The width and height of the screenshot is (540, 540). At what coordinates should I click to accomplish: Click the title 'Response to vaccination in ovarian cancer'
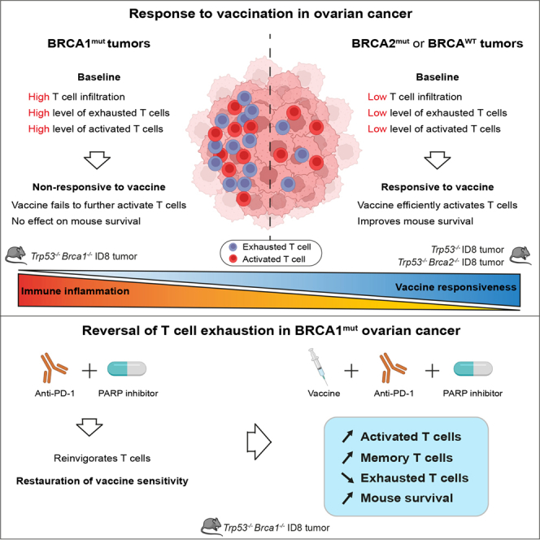pyautogui.click(x=270, y=14)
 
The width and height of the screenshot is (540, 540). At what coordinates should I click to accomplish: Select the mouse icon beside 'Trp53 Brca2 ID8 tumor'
pyautogui.click(x=520, y=256)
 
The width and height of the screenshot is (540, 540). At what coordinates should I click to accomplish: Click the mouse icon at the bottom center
pyautogui.click(x=211, y=526)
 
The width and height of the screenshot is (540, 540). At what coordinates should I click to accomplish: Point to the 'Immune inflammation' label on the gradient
pyautogui.click(x=75, y=291)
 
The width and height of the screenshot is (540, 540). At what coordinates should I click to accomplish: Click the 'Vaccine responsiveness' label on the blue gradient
pyautogui.click(x=455, y=287)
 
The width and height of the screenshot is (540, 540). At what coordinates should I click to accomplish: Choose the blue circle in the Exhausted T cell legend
pyautogui.click(x=233, y=247)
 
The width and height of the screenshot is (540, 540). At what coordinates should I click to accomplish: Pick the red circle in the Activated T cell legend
pyautogui.click(x=233, y=259)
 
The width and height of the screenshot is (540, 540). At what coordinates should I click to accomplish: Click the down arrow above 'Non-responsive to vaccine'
pyautogui.click(x=97, y=160)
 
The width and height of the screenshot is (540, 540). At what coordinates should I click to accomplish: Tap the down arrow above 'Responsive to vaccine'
pyautogui.click(x=438, y=160)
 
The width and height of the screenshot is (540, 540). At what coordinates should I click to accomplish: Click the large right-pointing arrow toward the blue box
pyautogui.click(x=259, y=442)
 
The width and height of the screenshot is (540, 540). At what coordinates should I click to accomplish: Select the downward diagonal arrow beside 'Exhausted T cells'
pyautogui.click(x=347, y=477)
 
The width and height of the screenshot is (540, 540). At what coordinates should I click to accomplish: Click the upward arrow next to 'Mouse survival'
pyautogui.click(x=347, y=498)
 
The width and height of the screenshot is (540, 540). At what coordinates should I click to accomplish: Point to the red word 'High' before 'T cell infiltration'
pyautogui.click(x=38, y=97)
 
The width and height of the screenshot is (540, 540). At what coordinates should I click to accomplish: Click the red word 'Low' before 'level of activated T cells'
pyautogui.click(x=377, y=128)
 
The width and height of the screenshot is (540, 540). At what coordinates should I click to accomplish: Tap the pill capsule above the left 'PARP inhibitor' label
pyautogui.click(x=127, y=369)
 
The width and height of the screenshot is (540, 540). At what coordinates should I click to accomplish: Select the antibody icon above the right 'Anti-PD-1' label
pyautogui.click(x=393, y=368)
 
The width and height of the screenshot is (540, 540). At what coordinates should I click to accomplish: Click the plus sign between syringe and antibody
pyautogui.click(x=351, y=371)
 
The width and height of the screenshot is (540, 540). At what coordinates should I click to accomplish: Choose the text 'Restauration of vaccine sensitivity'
pyautogui.click(x=102, y=481)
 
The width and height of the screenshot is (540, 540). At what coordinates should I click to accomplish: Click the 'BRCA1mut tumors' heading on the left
pyautogui.click(x=99, y=43)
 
